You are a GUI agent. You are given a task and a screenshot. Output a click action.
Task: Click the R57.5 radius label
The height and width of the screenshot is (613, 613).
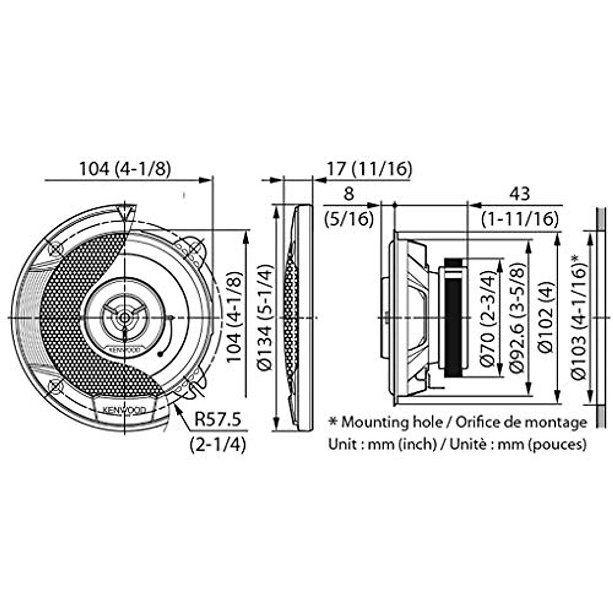[218, 419]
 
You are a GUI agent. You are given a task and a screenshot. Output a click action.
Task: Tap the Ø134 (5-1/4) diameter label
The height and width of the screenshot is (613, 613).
[265, 318]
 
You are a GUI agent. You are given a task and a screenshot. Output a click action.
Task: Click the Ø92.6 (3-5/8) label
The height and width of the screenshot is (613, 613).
[515, 318]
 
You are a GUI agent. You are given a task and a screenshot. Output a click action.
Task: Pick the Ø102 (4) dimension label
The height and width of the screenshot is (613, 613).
[545, 318]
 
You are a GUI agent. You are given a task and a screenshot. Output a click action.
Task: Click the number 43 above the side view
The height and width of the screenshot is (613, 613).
[520, 194]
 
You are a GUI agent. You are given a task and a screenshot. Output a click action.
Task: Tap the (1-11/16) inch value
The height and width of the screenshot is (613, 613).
[520, 219]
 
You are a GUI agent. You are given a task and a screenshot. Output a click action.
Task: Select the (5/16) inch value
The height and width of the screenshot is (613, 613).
[349, 219]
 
